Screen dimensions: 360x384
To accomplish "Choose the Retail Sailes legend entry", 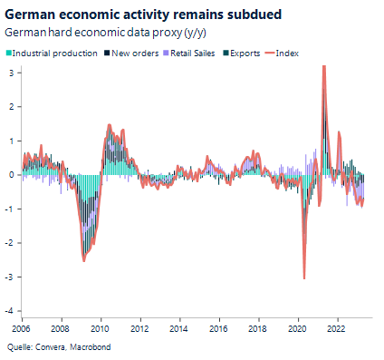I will coord(189,54).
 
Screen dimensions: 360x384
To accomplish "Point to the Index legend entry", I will coord(283,54).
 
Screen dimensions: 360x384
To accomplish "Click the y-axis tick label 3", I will coord(13,73).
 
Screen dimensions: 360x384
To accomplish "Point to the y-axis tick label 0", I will coord(13,175).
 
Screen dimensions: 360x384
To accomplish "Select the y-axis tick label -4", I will coord(11,311).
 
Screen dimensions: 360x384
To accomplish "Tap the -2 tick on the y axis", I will coord(11,243).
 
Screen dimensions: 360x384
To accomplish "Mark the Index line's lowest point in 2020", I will coord(304,277).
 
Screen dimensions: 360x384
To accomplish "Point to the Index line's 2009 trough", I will coord(84,260).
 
